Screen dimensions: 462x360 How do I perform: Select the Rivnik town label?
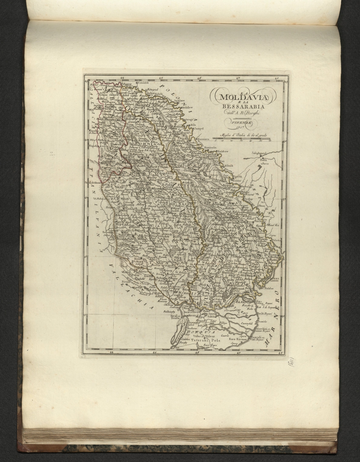point(126,282)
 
